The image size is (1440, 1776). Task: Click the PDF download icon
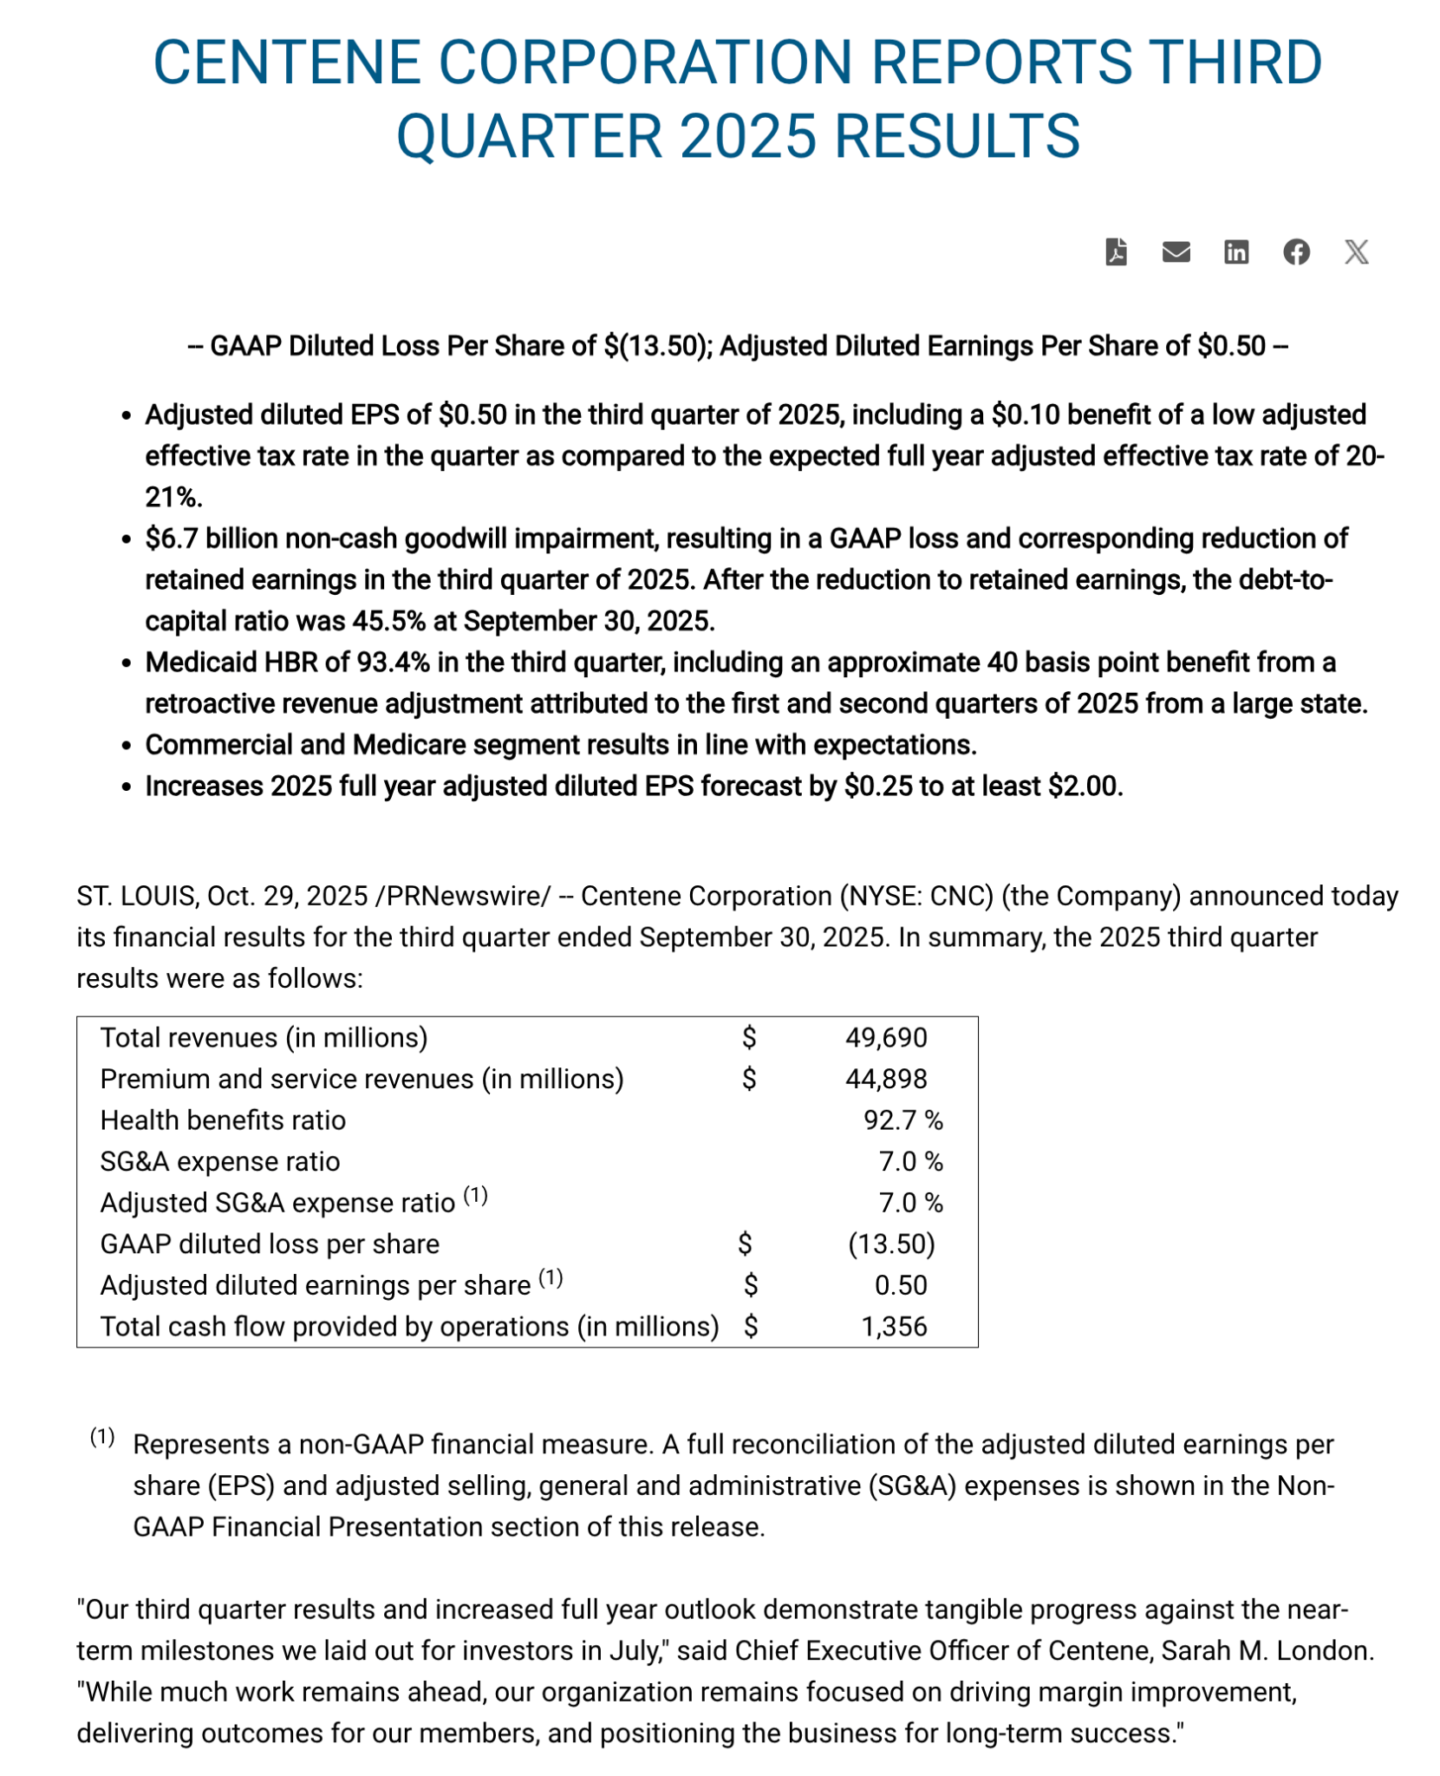click(x=1116, y=252)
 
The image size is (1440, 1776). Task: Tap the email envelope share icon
click(x=1176, y=252)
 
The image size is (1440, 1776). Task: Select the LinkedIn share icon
click(x=1235, y=252)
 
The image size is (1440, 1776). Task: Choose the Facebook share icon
click(x=1296, y=252)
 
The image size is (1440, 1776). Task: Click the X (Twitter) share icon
click(x=1356, y=252)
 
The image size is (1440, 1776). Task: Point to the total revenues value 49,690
click(x=885, y=1038)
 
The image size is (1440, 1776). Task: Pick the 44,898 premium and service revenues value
click(x=885, y=1079)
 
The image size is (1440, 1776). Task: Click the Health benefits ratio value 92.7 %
click(x=902, y=1120)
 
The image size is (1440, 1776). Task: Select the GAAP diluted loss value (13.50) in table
click(x=891, y=1244)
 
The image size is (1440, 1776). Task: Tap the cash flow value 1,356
click(x=894, y=1327)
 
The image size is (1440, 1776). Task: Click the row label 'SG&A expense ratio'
click(x=220, y=1162)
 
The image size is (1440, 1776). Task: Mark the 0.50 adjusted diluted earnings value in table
click(x=901, y=1285)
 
